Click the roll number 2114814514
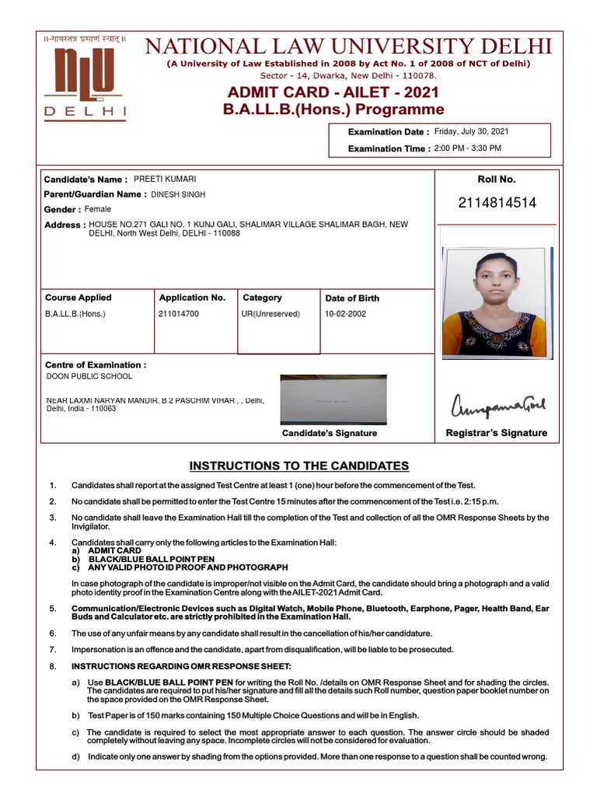pos(497,204)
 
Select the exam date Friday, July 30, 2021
pos(471,132)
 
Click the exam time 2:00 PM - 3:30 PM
pos(467,148)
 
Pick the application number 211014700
pos(179,315)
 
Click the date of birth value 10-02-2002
pos(345,315)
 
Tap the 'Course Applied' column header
pos(78,298)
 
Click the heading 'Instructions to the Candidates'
pos(299,466)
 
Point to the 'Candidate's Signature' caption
pos(329,434)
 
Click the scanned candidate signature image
pos(333,399)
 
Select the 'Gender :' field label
pos(62,210)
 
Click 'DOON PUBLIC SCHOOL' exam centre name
pos(89,376)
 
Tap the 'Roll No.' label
pos(497,180)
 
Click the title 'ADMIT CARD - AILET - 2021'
pos(333,93)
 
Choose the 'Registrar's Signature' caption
pos(496,433)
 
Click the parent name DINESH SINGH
pos(179,194)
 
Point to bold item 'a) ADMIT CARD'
pos(106,550)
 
